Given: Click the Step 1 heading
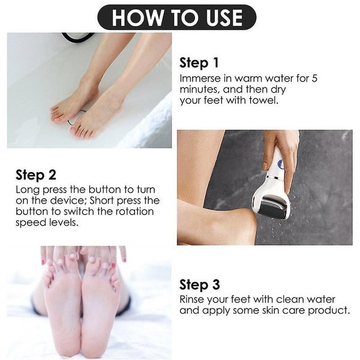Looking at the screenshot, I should [x=199, y=63].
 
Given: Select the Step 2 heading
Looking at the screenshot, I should [x=36, y=175].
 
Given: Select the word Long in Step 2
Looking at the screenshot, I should [x=27, y=190].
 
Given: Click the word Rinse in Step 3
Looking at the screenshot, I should [x=193, y=299].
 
